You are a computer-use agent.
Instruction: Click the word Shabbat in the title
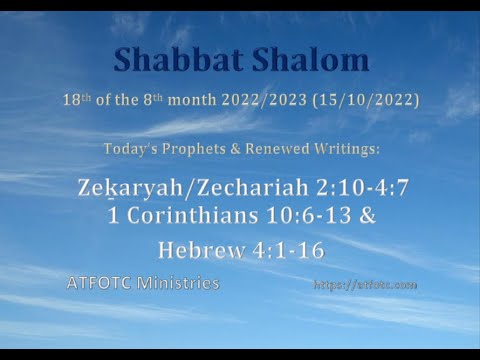point(170,60)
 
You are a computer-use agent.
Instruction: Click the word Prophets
point(187,150)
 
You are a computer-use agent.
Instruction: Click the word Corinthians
point(199,215)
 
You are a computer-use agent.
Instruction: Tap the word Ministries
point(182,283)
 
